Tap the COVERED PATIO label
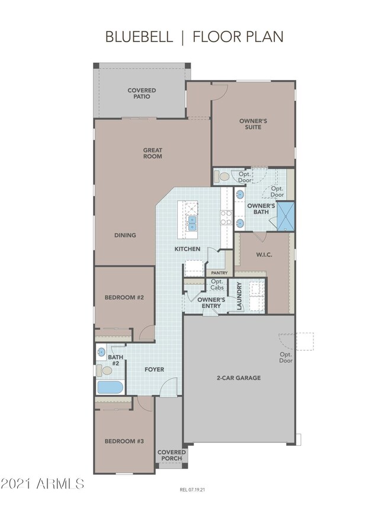(142, 94)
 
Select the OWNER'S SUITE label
(253, 124)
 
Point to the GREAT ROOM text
(152, 153)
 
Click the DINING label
(125, 235)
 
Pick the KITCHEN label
(187, 249)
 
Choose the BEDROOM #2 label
(124, 297)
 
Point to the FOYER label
(155, 369)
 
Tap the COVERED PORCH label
(171, 455)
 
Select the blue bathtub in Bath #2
(110, 388)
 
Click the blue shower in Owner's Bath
(287, 216)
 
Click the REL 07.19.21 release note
(192, 490)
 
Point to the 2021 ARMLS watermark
(43, 484)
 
